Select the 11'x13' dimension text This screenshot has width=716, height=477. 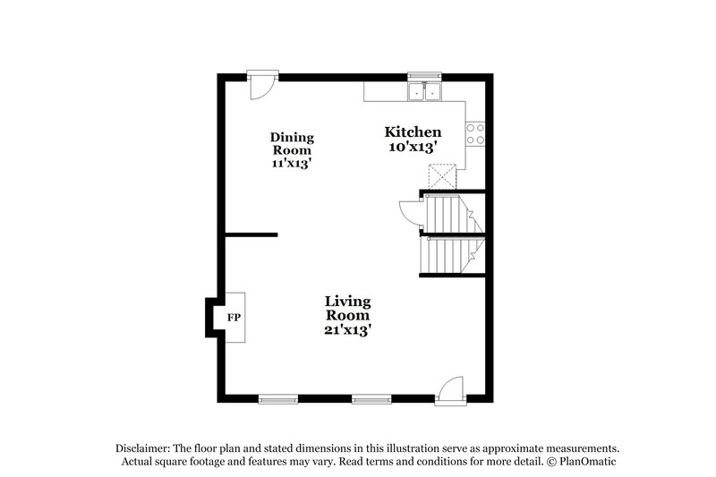pyautogui.click(x=293, y=164)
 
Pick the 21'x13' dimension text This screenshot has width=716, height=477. pyautogui.click(x=347, y=329)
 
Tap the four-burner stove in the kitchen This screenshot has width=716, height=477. pyautogui.click(x=475, y=133)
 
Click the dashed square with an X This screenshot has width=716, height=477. pyautogui.click(x=441, y=176)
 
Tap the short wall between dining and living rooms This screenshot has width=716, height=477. pyautogui.click(x=251, y=235)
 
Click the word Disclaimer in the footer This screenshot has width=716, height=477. pyautogui.click(x=143, y=447)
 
